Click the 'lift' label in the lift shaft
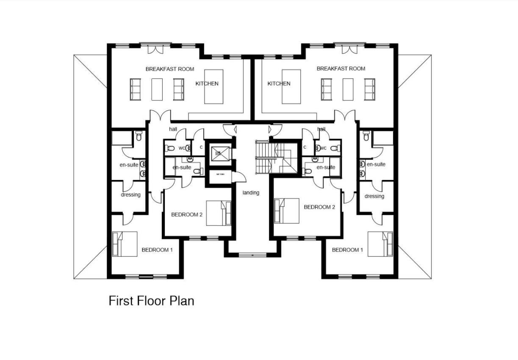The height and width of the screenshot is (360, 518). pyautogui.click(x=218, y=153)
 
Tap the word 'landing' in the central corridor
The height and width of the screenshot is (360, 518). pyautogui.click(x=251, y=193)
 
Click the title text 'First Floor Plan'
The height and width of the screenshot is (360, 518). pyautogui.click(x=151, y=301)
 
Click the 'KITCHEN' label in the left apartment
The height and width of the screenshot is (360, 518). pyautogui.click(x=207, y=83)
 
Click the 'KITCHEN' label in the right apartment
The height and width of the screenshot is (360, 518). pyautogui.click(x=279, y=83)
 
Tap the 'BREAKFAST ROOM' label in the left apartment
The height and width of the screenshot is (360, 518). pyautogui.click(x=170, y=69)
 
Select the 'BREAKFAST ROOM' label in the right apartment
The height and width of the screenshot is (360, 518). pyautogui.click(x=341, y=69)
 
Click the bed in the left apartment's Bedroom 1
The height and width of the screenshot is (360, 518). pyautogui.click(x=125, y=244)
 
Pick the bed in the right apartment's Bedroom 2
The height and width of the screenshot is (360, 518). pyautogui.click(x=287, y=211)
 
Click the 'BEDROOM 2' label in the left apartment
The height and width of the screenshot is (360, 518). pyautogui.click(x=187, y=215)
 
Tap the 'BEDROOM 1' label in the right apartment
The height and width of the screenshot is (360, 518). pyautogui.click(x=347, y=250)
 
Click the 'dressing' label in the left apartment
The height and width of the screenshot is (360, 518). pyautogui.click(x=130, y=195)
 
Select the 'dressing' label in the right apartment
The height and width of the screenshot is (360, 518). pyautogui.click(x=374, y=196)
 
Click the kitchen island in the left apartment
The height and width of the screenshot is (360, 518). pyautogui.click(x=213, y=86)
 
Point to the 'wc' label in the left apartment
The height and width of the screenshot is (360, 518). pyautogui.click(x=181, y=148)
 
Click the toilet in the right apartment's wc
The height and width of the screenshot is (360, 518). pyautogui.click(x=335, y=148)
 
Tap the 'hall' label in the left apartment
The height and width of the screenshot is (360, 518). pyautogui.click(x=173, y=129)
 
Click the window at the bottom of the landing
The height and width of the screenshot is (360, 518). pyautogui.click(x=252, y=255)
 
